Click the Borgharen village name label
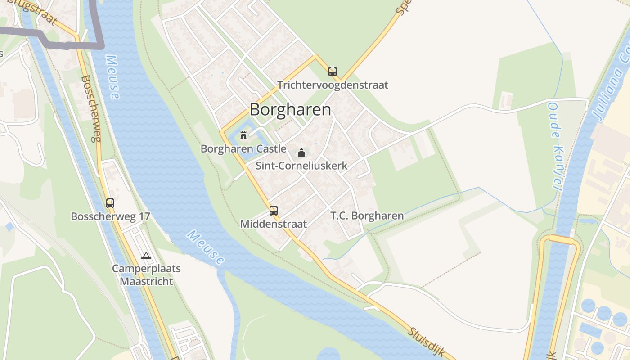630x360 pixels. [290, 110]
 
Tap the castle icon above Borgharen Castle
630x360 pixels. [244, 135]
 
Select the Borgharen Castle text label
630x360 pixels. [243, 148]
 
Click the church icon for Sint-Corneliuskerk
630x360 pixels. [301, 153]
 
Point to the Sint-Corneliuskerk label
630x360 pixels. [301, 166]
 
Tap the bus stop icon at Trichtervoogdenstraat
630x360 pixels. [333, 72]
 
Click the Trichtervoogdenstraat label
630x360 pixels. [333, 85]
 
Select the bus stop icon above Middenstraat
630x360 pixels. [274, 211]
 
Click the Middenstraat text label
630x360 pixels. [274, 224]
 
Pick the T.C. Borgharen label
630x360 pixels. [367, 216]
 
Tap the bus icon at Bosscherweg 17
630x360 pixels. [110, 203]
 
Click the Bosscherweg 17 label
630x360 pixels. [110, 216]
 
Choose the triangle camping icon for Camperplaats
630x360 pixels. [146, 256]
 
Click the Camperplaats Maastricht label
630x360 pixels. [146, 275]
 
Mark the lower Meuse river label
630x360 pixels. [206, 247]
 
